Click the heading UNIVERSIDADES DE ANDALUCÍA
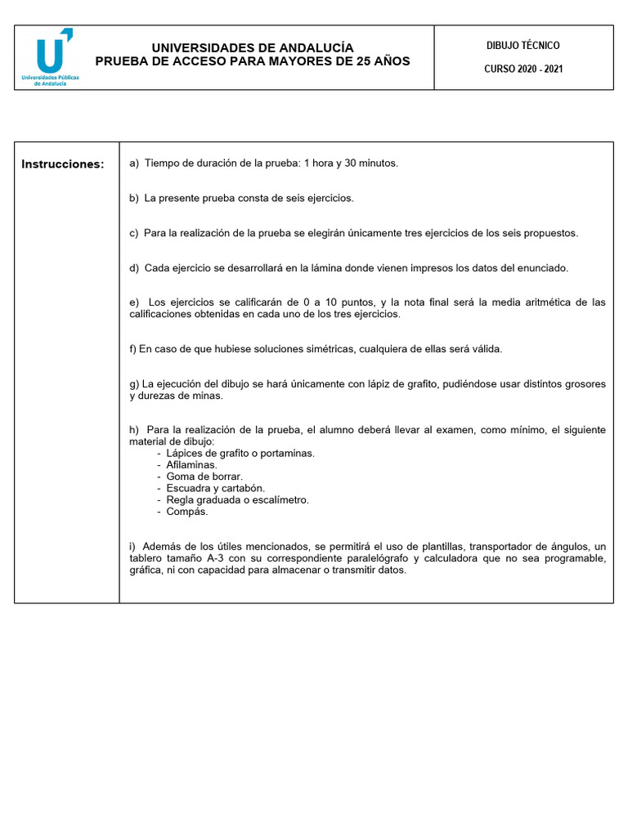click(x=253, y=48)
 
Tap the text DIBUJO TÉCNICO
click(x=523, y=46)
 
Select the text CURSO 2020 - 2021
click(x=523, y=69)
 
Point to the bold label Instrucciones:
click(x=63, y=164)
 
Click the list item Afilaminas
click(x=192, y=464)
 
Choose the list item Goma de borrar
click(x=204, y=476)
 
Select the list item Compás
click(x=187, y=512)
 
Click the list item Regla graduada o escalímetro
click(x=237, y=499)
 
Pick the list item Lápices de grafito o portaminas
click(x=240, y=452)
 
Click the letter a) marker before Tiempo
click(x=135, y=163)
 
